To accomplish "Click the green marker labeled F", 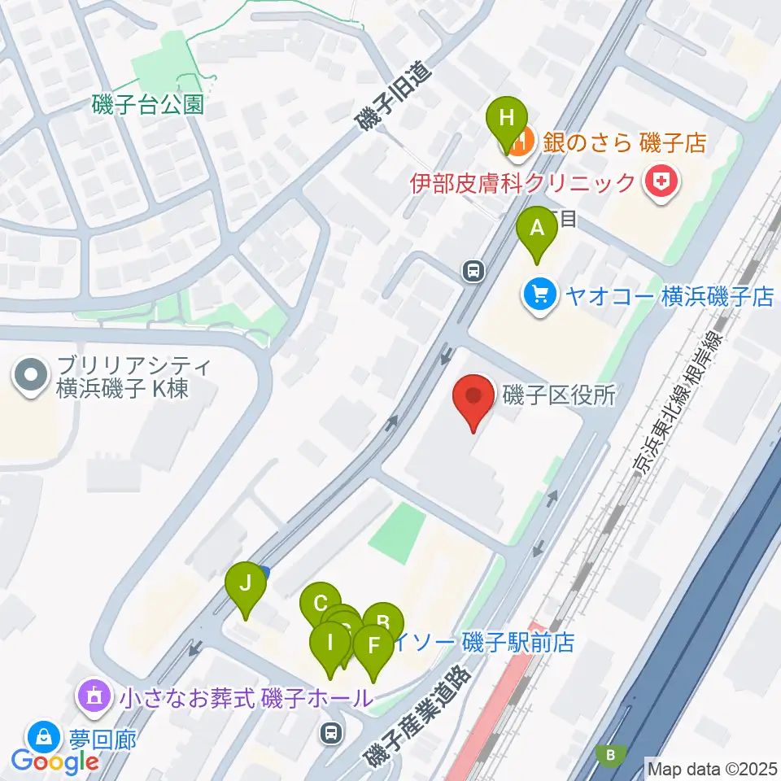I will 374,648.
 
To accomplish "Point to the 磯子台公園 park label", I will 147,105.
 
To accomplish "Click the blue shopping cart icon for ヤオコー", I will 538,295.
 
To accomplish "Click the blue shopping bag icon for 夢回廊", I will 41,739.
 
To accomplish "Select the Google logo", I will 55,761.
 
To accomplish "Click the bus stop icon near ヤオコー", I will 472,271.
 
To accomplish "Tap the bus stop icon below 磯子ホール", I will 330,734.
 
